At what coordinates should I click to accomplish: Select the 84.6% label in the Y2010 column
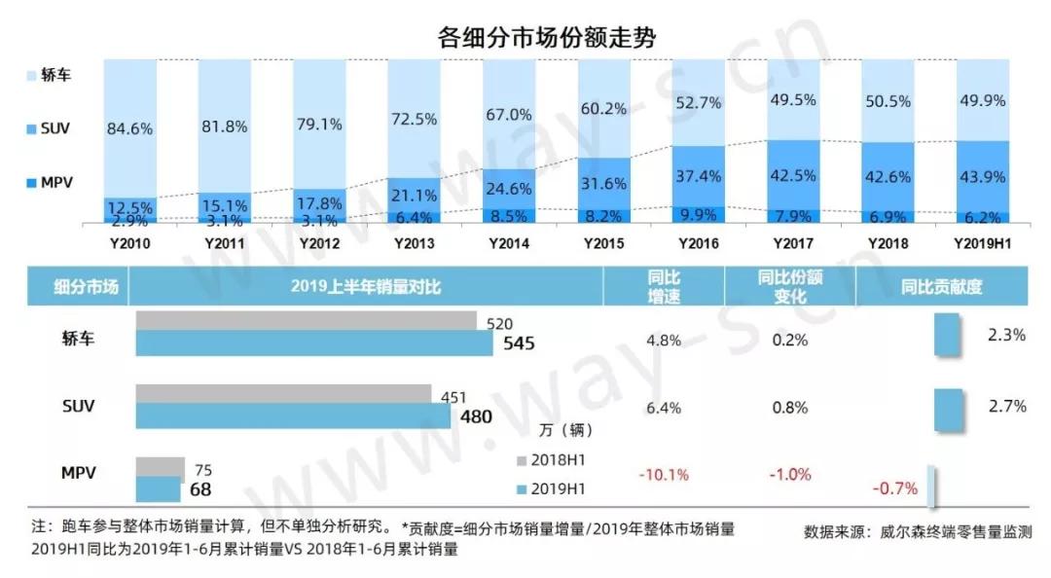(x=129, y=127)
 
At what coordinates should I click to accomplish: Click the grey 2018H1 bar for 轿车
(x=306, y=321)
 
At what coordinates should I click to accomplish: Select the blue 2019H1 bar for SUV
(x=292, y=415)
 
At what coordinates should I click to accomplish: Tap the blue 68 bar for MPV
(x=158, y=488)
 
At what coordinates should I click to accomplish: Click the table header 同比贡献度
(x=940, y=287)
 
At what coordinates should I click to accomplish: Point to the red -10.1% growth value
(x=664, y=475)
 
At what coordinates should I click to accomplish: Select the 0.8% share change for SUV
(x=790, y=408)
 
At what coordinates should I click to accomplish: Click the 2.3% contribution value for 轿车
(x=1006, y=335)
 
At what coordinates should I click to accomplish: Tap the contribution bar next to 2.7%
(x=948, y=410)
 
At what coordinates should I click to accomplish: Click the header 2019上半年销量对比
(x=365, y=287)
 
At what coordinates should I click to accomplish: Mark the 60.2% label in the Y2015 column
(x=603, y=108)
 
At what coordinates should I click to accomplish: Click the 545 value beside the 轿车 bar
(x=516, y=343)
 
